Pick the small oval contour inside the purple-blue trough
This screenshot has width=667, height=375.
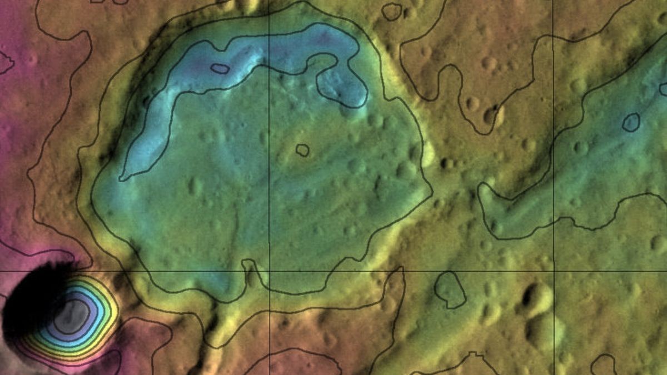pos(220,68)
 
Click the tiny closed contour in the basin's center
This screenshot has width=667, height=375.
pos(302,149)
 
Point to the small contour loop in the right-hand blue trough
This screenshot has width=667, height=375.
pos(630,122)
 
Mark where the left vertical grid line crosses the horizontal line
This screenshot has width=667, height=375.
pos(269,272)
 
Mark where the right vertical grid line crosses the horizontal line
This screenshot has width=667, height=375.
pos(554,272)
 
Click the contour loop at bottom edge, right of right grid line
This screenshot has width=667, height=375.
pos(603,365)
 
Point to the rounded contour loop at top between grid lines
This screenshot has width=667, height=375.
pos(392,11)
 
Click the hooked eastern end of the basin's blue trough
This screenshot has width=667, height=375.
pos(347,89)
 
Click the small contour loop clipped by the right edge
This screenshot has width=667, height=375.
pos(663,89)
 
